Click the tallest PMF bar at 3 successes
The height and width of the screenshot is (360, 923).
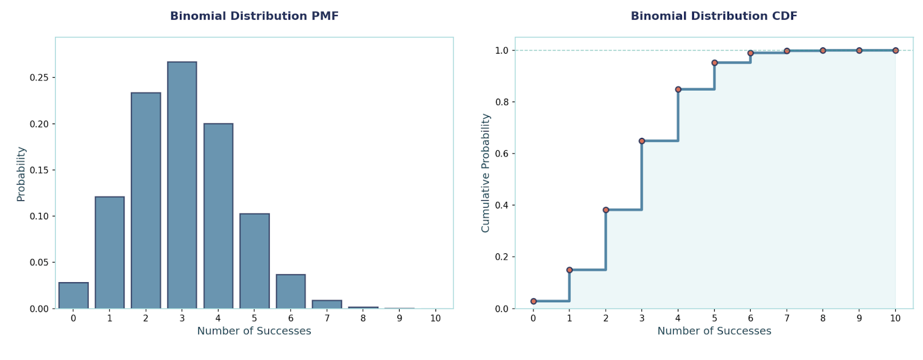182,185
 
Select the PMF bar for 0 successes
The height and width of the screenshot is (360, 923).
73,295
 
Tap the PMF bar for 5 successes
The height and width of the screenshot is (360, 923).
254,261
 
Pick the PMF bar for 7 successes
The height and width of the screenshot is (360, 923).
327,304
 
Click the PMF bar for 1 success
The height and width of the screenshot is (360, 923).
110,252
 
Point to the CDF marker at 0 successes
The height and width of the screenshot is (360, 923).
533,301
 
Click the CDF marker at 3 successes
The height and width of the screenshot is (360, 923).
641,141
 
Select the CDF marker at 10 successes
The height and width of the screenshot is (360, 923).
895,51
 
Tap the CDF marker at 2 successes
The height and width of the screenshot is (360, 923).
606,210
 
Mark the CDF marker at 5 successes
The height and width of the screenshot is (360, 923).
714,63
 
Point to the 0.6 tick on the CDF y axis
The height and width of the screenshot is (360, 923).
501,153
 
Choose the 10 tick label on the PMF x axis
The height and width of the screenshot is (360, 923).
436,318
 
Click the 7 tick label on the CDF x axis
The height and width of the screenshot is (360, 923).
787,318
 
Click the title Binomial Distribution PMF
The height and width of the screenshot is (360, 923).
254,16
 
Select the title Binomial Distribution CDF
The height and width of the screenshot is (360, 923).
714,16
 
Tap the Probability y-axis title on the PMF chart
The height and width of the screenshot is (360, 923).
21,174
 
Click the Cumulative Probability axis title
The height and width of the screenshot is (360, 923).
485,173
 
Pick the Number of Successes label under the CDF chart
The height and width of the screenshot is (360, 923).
714,331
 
